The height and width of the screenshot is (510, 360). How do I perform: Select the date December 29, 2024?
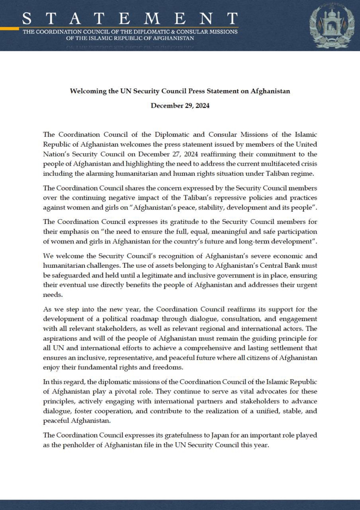coord(180,106)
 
